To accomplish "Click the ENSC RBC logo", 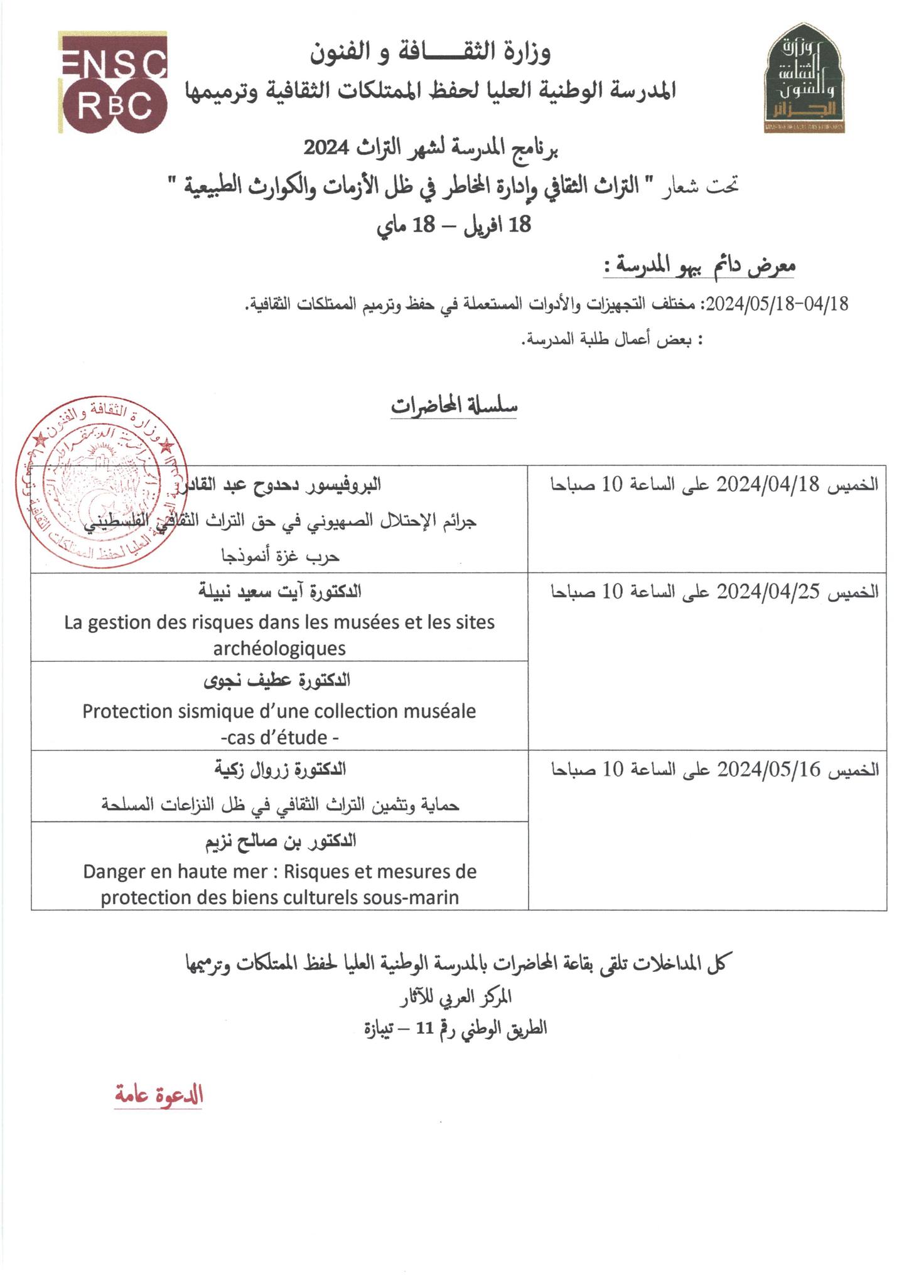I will (x=114, y=83).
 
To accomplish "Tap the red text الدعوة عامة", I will (x=159, y=1096).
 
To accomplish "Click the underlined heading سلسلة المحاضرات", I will (x=454, y=406).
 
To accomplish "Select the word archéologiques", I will (x=279, y=648).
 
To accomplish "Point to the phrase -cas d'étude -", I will (x=280, y=738).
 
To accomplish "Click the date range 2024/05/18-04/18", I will (x=777, y=305).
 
